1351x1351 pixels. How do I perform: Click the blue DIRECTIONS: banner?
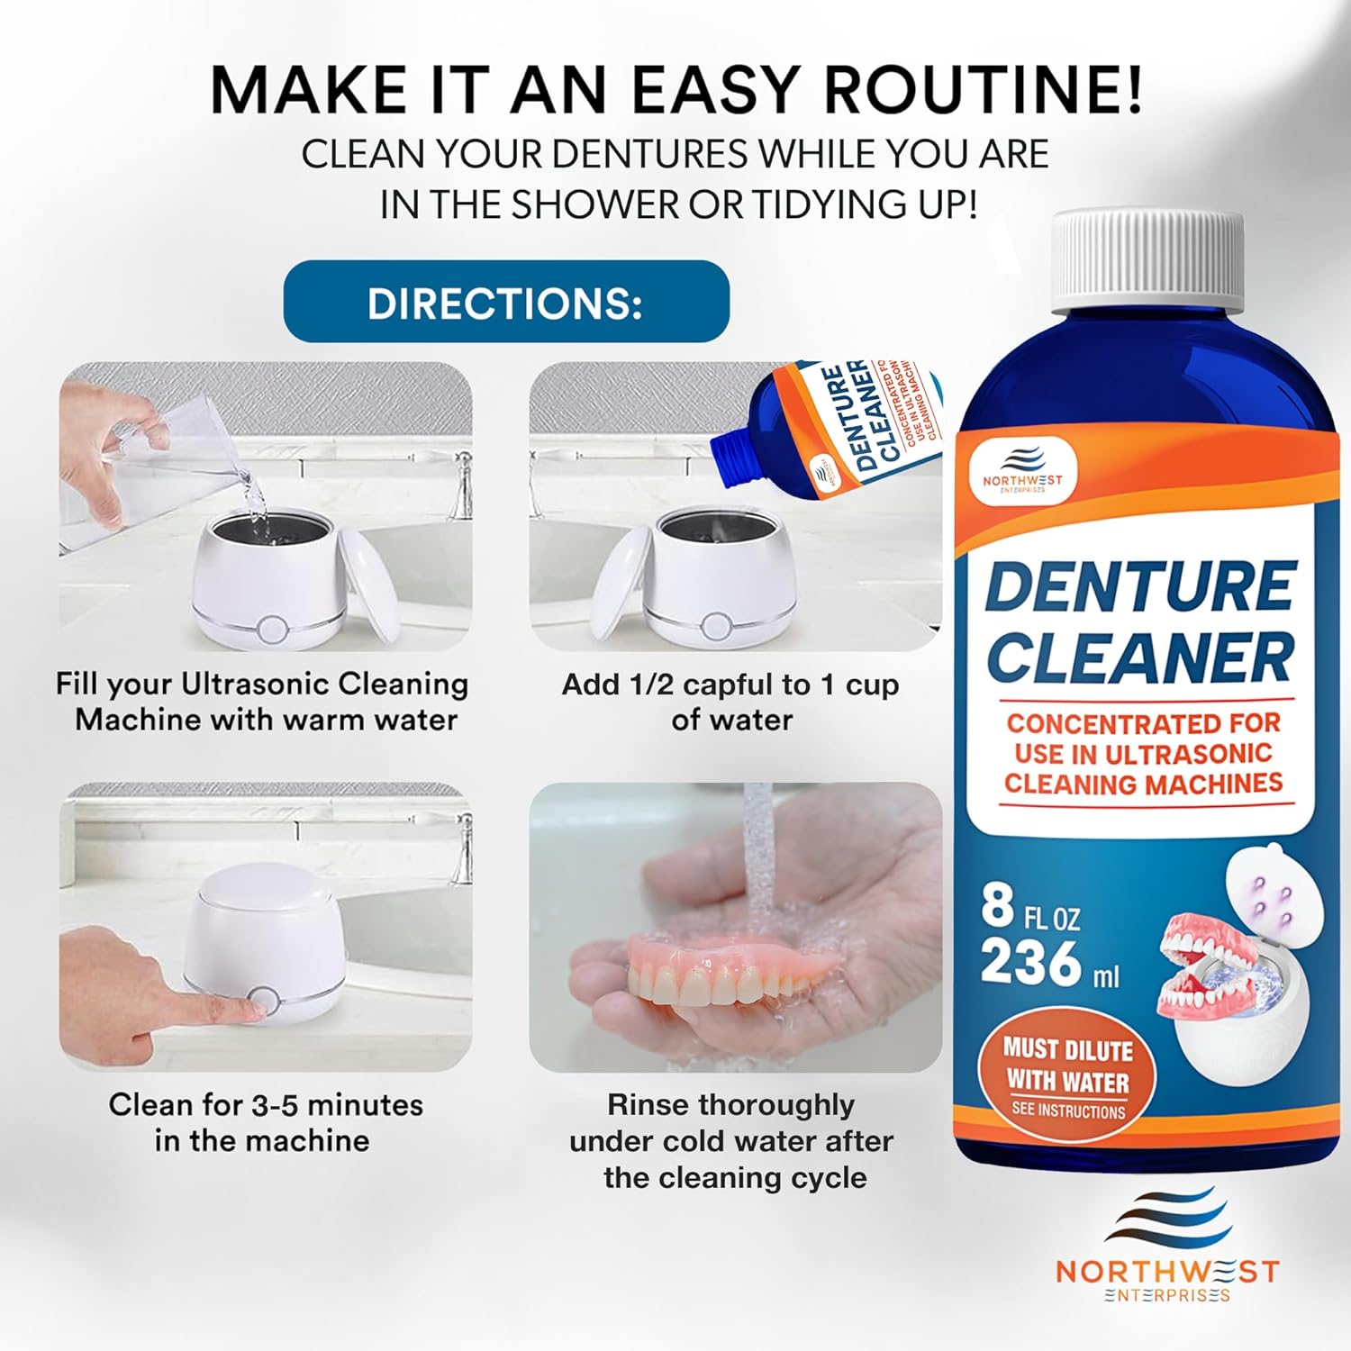coord(505,302)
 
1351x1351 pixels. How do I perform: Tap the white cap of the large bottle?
coord(1148,261)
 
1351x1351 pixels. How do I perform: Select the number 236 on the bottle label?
coord(1030,963)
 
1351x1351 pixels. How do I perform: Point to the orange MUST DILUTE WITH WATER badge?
coord(1067,1077)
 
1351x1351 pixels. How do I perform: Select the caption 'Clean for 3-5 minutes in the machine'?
coord(265,1122)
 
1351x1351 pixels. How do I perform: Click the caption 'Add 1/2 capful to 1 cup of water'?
coord(730,702)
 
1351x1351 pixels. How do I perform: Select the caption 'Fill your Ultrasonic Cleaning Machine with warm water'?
coord(262,702)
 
